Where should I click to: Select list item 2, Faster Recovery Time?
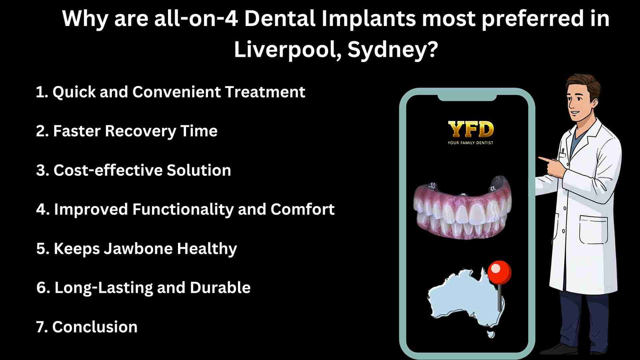tap(127, 131)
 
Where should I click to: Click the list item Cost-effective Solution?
tap(134, 170)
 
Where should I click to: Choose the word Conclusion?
tap(95, 327)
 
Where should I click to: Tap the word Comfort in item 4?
tap(302, 210)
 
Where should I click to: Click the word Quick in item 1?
tap(74, 92)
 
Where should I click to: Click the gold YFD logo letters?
tap(471, 129)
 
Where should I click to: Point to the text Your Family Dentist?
tap(470, 143)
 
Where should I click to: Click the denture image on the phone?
tap(462, 208)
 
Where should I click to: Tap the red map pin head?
tap(499, 272)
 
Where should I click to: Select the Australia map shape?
tap(464, 298)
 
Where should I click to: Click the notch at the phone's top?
tap(467, 98)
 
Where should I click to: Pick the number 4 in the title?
tap(231, 19)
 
